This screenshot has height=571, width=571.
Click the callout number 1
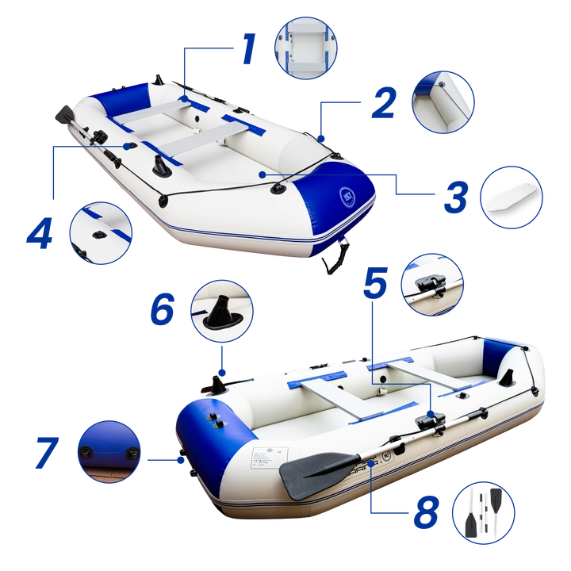[248, 49]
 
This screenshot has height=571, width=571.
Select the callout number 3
[454, 197]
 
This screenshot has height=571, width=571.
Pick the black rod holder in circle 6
[222, 312]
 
